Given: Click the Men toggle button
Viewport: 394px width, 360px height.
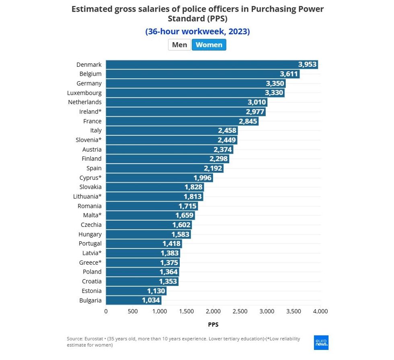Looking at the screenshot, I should tap(179, 45).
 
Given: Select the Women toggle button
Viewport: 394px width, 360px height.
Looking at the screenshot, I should tap(209, 45).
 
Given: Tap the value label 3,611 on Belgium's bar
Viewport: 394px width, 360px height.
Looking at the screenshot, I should tap(289, 74).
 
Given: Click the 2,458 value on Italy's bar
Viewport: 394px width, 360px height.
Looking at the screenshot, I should tap(227, 130).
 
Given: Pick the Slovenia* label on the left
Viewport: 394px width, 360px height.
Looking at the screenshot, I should tap(88, 140).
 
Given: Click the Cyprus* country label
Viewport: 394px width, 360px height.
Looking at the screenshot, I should tap(90, 177).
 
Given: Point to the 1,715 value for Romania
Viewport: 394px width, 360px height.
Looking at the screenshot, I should tap(187, 206).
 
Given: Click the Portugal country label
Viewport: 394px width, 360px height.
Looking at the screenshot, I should tap(90, 243).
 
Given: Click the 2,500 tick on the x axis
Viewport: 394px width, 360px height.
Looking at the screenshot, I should tap(240, 311).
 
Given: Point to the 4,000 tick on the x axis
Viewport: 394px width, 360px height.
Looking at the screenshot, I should tap(320, 311).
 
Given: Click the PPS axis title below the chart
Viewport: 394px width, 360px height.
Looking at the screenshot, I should tap(213, 324).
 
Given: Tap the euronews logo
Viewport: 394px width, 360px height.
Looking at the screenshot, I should tap(321, 342).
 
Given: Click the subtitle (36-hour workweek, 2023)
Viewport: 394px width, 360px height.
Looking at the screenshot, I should tap(197, 31).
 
